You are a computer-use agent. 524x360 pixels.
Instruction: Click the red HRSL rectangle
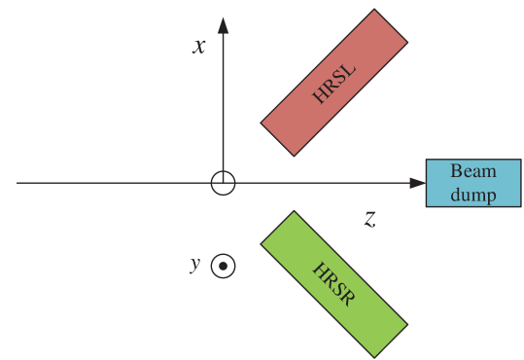[333, 83]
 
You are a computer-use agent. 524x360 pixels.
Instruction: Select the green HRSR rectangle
[333, 282]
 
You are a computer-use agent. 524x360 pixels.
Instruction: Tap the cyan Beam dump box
[473, 183]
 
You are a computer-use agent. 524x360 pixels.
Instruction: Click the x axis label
[199, 46]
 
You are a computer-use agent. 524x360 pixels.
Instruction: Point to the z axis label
[370, 219]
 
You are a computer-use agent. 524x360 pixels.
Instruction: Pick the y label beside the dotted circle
[195, 265]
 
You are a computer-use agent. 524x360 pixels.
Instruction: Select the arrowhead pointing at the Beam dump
[416, 183]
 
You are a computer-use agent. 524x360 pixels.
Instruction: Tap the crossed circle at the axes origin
[224, 183]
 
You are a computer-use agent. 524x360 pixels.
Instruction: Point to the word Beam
[473, 172]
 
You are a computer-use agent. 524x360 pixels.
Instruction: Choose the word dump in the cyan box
[473, 194]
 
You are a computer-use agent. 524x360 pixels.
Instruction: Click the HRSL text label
[333, 83]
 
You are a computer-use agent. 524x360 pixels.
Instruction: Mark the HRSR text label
[333, 282]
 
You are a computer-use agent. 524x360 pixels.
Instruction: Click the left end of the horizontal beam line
[17, 183]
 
